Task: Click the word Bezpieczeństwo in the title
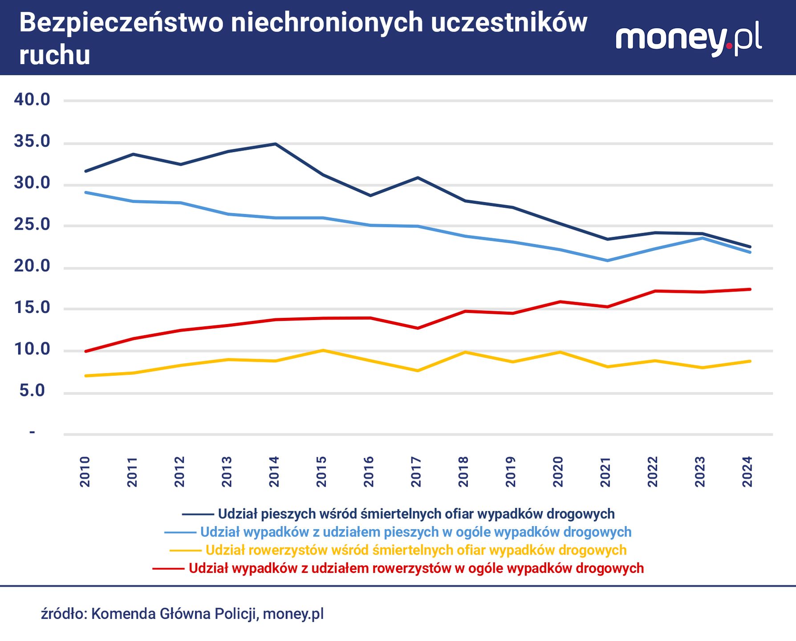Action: [121, 23]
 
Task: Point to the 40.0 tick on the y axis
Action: [32, 100]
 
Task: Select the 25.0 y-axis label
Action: [32, 225]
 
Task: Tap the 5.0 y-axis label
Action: [32, 391]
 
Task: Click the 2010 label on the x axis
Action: [85, 471]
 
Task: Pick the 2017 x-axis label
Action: [416, 471]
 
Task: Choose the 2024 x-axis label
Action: [747, 471]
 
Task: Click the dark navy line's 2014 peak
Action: [276, 144]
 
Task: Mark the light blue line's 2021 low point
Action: [608, 260]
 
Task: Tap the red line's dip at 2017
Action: [418, 329]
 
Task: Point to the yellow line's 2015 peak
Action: [323, 350]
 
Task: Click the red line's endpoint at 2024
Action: [750, 289]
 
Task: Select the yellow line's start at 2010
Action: [85, 376]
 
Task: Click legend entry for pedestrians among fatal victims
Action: [416, 514]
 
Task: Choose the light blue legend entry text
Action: [416, 532]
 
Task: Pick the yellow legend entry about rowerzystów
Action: [416, 551]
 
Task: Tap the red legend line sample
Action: [168, 569]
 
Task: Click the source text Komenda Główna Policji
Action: [174, 614]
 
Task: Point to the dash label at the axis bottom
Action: [32, 432]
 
